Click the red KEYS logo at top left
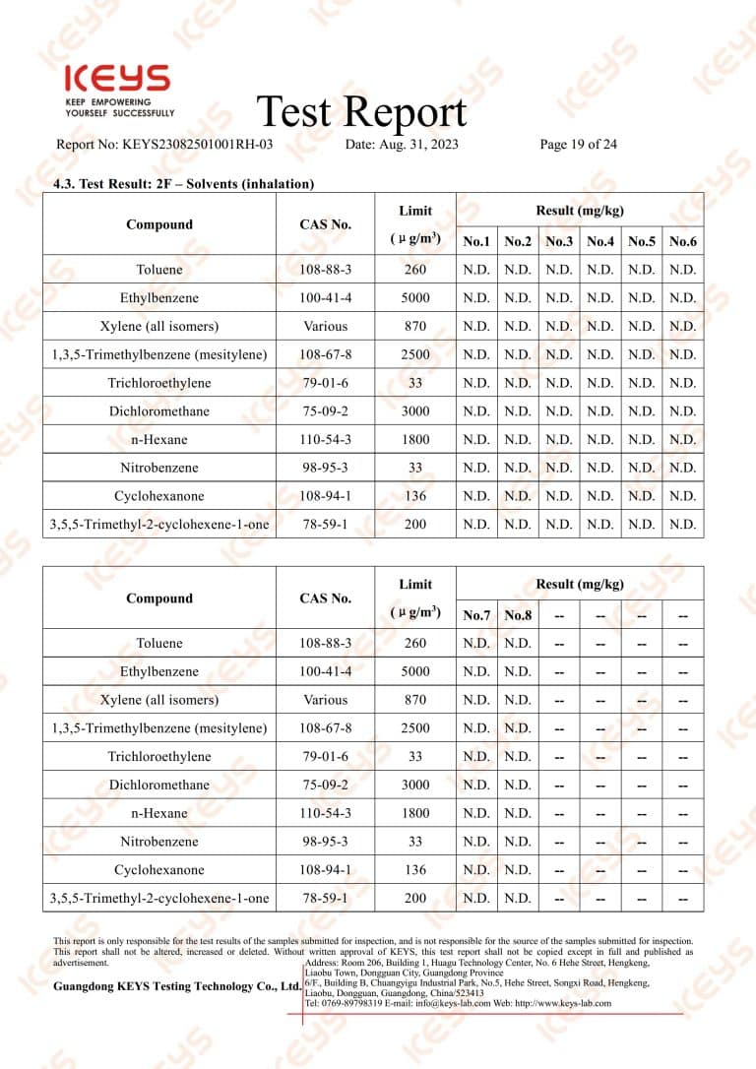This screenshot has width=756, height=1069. coord(116,80)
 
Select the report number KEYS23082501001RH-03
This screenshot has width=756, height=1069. coord(197,145)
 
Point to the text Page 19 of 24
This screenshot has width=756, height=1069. coord(579,145)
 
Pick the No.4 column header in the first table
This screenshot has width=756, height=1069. coord(599,241)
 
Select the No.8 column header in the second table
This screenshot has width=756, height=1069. coord(518,615)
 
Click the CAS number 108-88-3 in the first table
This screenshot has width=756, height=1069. coord(325,270)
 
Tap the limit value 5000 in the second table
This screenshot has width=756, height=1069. coord(415,671)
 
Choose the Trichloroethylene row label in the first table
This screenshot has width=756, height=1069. coord(159,383)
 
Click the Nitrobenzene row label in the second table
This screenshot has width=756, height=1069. coord(159,842)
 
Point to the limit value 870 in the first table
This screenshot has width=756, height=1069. coord(415,326)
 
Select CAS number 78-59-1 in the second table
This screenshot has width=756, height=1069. coord(325,898)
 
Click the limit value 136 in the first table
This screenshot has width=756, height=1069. coord(415,496)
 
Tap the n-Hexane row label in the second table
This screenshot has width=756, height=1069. coord(159,813)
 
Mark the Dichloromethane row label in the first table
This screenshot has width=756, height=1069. coord(159,410)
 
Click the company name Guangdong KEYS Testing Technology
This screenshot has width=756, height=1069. coord(177,986)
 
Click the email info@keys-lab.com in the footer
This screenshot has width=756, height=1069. coord(441,1003)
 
